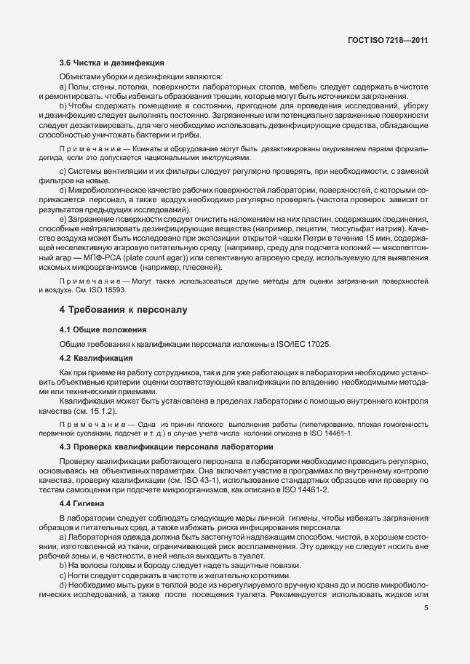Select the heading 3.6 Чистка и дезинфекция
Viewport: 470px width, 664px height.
(x=111, y=63)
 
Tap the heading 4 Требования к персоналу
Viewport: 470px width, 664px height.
(x=123, y=310)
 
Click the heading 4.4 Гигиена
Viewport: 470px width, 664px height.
(x=82, y=503)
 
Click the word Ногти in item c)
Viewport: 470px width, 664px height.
(x=81, y=575)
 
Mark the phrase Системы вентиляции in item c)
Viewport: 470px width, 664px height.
(x=100, y=171)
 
